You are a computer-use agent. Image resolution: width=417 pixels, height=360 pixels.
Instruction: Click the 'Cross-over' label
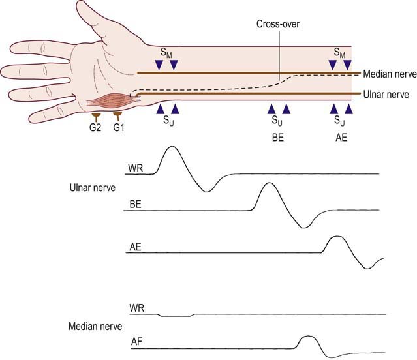278,24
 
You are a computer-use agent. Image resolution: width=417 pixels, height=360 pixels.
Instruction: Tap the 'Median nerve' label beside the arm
390,74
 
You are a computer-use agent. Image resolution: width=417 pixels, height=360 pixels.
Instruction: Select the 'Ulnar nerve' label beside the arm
386,95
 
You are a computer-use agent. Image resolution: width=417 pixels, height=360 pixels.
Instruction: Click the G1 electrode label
118,128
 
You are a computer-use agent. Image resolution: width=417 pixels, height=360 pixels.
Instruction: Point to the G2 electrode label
95,128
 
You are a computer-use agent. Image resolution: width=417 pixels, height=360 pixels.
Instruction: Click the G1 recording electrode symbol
117,116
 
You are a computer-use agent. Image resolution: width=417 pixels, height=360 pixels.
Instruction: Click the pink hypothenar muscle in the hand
114,102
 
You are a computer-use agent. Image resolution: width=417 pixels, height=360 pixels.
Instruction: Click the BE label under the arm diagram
278,138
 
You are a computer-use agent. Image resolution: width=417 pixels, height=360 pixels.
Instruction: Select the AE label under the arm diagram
341,138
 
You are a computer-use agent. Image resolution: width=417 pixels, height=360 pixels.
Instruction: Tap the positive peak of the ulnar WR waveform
172,146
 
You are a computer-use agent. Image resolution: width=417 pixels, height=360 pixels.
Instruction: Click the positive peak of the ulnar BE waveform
270,183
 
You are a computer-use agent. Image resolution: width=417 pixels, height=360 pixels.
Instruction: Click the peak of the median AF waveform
308,337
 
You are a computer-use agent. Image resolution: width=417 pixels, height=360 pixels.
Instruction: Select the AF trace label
136,342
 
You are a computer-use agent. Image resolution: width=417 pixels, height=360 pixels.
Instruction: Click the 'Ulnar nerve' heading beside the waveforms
93,188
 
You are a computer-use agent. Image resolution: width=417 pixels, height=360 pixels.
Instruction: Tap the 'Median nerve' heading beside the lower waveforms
95,326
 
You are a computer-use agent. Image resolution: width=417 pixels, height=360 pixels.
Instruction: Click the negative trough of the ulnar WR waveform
207,191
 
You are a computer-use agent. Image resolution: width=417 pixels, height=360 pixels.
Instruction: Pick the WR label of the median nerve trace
136,308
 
